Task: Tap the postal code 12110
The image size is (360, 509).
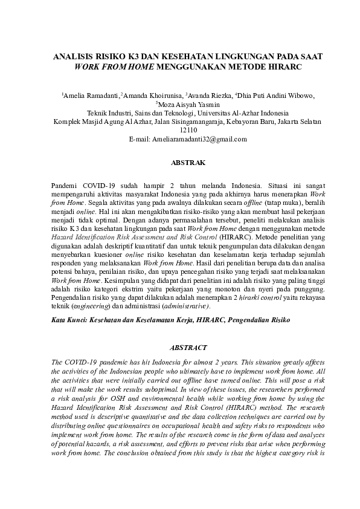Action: (x=180, y=130)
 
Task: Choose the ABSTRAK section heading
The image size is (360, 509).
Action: (x=180, y=163)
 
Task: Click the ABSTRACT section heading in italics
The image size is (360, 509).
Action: (x=180, y=348)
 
